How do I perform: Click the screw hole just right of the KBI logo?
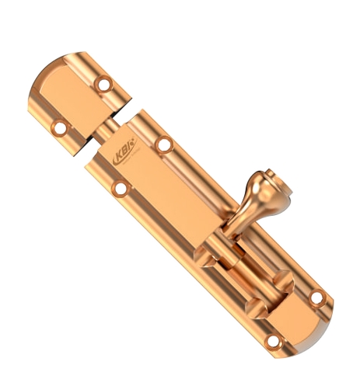click(x=163, y=144)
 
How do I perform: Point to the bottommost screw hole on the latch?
click(x=271, y=342)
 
